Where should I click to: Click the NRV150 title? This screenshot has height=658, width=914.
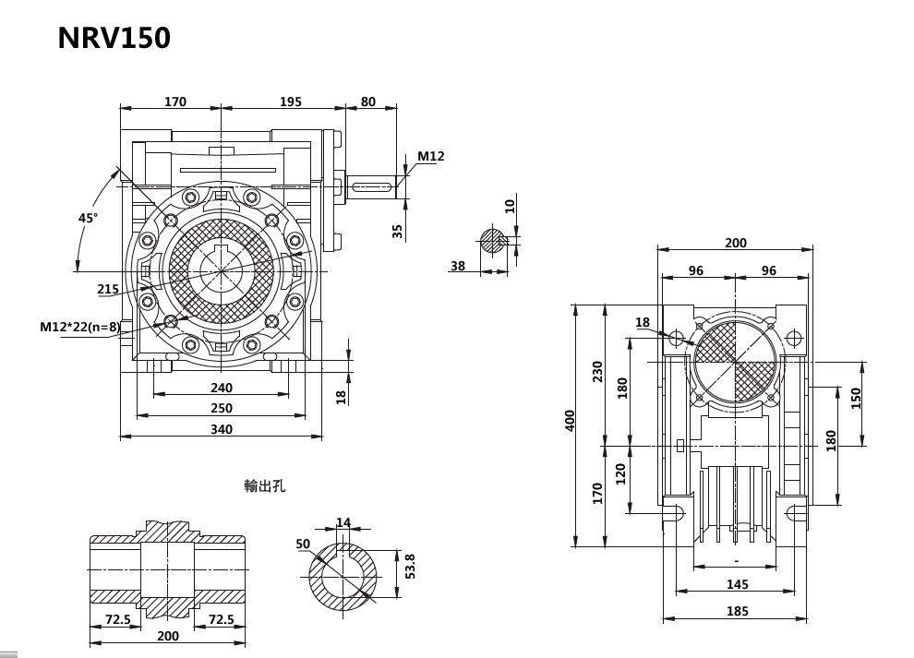[114, 38]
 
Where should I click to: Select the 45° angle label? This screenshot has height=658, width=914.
[88, 218]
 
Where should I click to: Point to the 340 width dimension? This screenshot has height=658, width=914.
[222, 429]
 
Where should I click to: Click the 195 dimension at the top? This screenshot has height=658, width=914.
[291, 102]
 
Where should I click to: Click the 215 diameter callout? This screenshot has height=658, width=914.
[108, 289]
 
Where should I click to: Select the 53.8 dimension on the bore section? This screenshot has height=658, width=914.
[411, 566]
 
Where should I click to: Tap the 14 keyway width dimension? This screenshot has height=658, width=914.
[343, 523]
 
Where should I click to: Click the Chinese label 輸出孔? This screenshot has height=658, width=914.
[265, 485]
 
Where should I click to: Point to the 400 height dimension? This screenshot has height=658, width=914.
[570, 422]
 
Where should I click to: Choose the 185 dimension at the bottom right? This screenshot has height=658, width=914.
[737, 611]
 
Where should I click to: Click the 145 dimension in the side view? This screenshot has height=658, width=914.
[737, 584]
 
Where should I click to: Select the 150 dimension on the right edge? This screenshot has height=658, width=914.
[856, 398]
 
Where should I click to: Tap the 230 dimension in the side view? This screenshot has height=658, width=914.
[597, 372]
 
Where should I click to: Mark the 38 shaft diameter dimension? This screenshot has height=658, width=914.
[458, 266]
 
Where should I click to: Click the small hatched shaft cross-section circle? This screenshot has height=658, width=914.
[493, 242]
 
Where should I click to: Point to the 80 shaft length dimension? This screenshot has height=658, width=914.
[368, 102]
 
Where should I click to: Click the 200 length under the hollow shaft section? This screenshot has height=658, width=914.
[168, 636]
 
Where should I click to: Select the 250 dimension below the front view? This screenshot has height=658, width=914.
[222, 408]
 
